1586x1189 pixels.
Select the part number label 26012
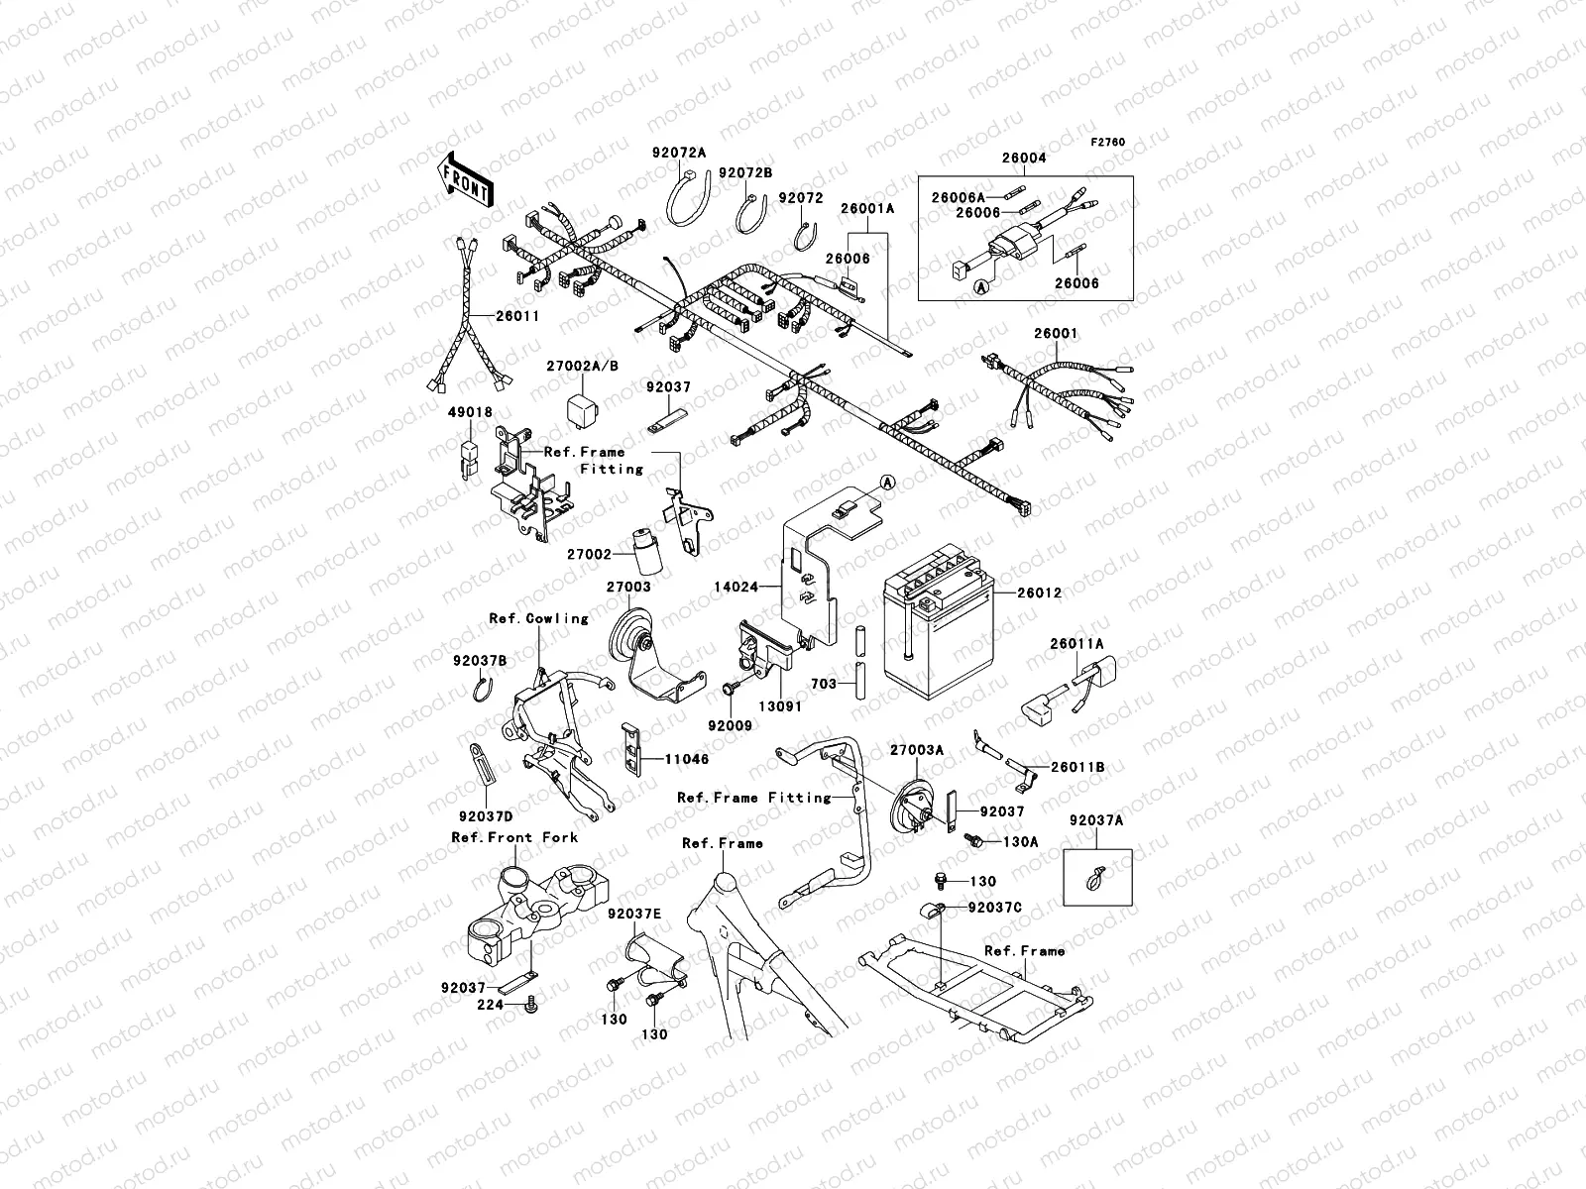tap(1038, 594)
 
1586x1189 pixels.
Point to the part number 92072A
tap(679, 153)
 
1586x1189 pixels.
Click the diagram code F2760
tap(1109, 143)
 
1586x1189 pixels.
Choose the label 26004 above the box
tap(1024, 158)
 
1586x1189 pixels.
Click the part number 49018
tap(469, 411)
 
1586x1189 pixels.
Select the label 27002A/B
tap(582, 366)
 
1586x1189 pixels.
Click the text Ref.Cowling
tap(538, 618)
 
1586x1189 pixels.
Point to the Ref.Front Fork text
tap(514, 837)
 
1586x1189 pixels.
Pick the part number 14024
tap(736, 588)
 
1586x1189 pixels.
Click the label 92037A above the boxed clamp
tap(1096, 820)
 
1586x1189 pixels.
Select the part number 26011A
tap(1077, 643)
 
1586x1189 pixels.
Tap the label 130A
tap(1020, 842)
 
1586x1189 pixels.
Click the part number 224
tap(492, 1004)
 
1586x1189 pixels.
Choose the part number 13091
tap(782, 707)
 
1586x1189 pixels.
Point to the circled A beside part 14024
tap(887, 482)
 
